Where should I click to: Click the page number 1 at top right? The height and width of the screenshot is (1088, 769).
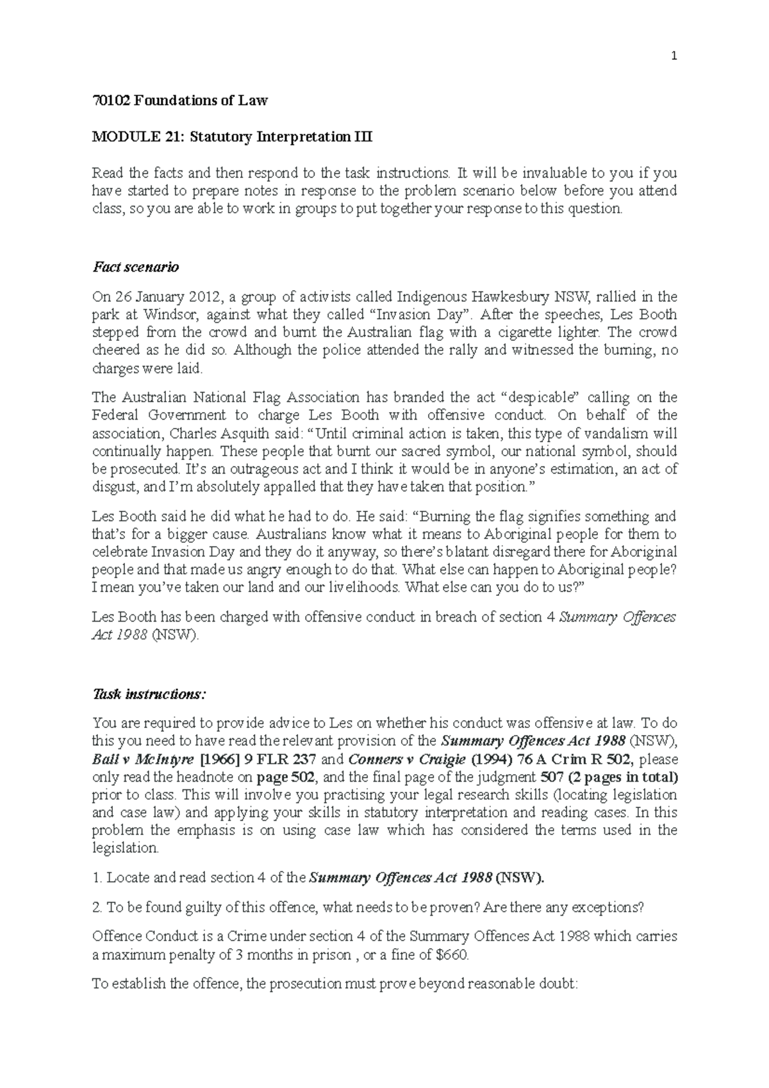point(674,57)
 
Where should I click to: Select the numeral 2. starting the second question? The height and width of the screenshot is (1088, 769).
point(97,908)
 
